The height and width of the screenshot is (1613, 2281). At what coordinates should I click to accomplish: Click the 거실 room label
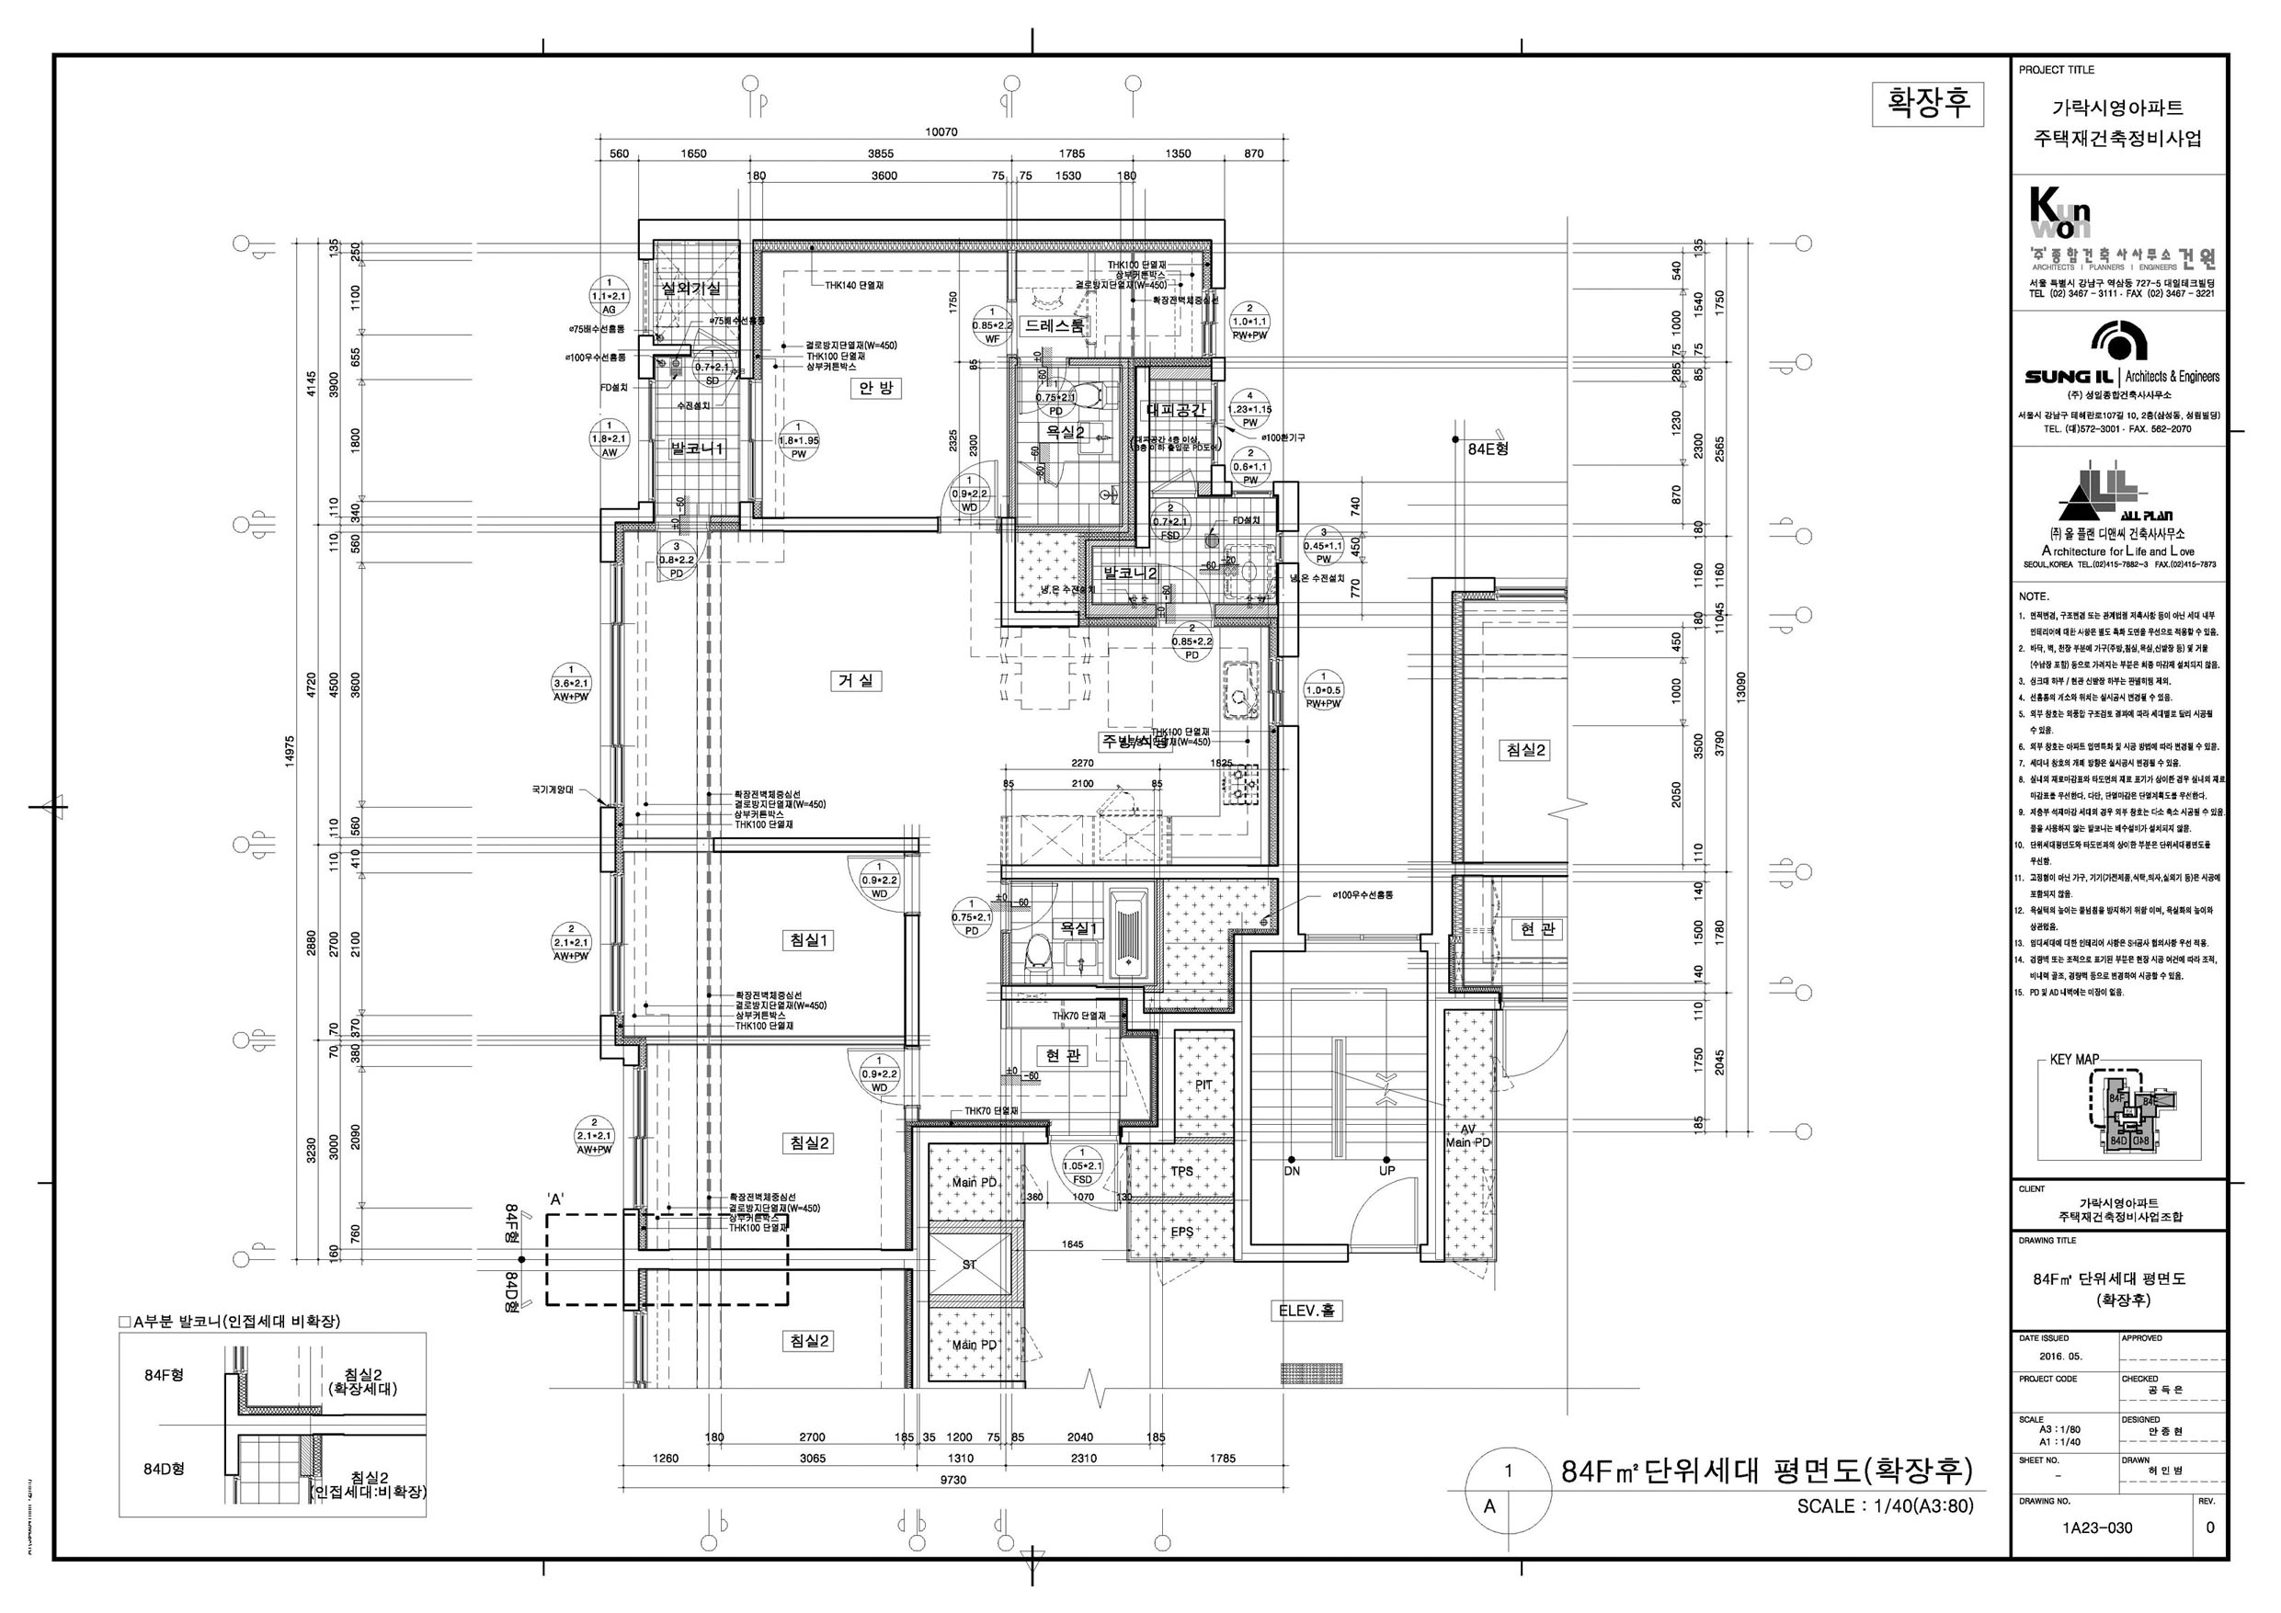click(855, 681)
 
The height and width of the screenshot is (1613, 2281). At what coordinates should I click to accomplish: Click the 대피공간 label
click(1176, 409)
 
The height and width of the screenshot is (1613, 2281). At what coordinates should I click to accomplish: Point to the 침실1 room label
click(809, 940)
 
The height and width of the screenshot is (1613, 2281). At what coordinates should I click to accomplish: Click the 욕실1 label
click(1080, 927)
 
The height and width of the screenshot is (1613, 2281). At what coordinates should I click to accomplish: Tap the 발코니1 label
click(698, 449)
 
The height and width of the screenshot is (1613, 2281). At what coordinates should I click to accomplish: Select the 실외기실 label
click(692, 288)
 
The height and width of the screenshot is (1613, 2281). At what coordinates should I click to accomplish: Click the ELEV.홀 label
click(1306, 1311)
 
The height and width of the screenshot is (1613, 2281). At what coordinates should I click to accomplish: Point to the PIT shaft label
click(1203, 1085)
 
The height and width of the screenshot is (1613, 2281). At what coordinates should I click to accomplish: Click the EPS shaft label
click(1181, 1232)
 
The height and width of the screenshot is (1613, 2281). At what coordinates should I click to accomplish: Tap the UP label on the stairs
click(1386, 1170)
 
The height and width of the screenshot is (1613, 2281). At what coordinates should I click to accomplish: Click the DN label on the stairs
click(1292, 1170)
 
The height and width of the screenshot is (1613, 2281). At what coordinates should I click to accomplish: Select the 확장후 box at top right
click(1927, 103)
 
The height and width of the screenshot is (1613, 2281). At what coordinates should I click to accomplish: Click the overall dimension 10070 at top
click(941, 132)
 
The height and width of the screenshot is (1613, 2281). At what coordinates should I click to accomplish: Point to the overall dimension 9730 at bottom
click(952, 1480)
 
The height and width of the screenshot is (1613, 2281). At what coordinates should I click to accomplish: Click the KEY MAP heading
click(2074, 1060)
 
